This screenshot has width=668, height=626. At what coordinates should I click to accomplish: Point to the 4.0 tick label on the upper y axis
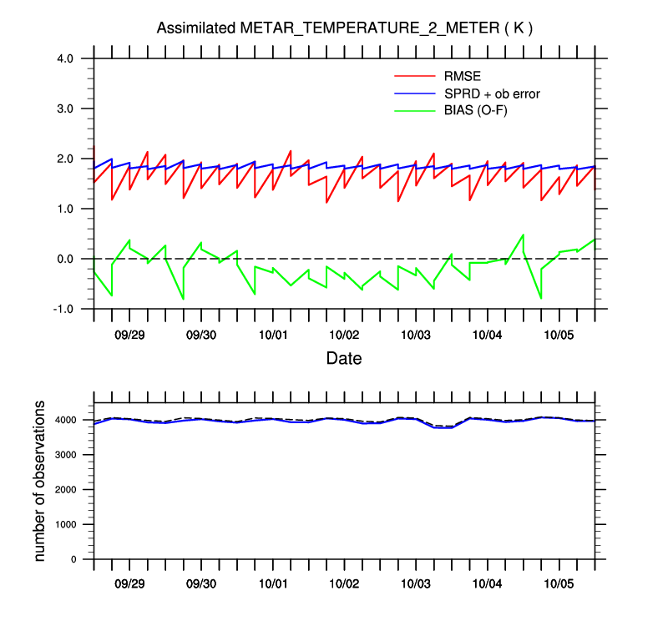(65, 58)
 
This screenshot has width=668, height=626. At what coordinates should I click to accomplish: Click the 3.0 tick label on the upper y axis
(65, 109)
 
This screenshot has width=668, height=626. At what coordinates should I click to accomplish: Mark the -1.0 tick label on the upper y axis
(63, 309)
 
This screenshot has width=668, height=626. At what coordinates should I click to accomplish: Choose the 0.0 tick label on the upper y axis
(65, 259)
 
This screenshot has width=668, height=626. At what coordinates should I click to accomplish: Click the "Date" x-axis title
(344, 358)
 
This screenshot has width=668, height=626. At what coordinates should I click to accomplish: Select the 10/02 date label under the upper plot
(344, 334)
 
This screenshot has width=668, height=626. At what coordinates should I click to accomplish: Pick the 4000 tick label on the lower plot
(73, 420)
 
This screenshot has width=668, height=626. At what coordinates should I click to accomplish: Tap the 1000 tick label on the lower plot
(73, 524)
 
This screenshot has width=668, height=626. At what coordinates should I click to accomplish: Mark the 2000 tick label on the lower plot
(73, 489)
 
